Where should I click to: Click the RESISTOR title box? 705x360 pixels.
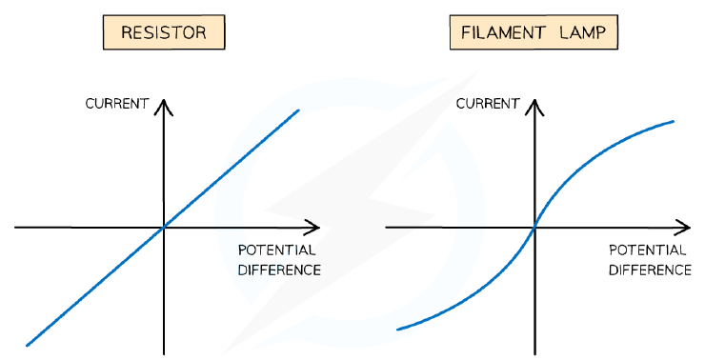(164, 32)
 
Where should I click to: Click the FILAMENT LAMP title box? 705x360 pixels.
(534, 32)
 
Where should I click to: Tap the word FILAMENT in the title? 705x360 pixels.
(503, 32)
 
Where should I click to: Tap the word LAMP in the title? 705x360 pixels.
(583, 32)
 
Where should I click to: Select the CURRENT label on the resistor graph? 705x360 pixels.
(117, 104)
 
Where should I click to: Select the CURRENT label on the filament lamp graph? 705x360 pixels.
(488, 104)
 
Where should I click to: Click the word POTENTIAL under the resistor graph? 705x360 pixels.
(276, 250)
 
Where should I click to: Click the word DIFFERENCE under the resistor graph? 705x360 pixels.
(279, 270)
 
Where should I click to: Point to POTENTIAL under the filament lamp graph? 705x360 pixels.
(648, 250)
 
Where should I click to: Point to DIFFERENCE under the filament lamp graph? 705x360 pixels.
(650, 270)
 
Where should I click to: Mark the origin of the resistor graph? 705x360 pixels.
(164, 228)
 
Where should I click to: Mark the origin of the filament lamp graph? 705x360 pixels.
(534, 228)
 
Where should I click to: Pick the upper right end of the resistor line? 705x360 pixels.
(298, 110)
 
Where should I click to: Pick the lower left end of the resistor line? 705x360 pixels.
(27, 345)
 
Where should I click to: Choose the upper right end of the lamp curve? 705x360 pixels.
(673, 121)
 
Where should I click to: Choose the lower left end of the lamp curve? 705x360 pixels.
(397, 330)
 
